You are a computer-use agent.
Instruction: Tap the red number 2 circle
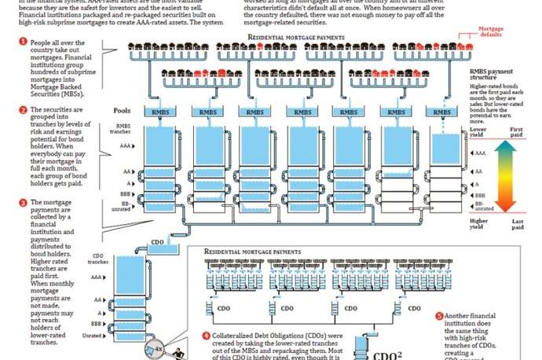[x=23, y=109]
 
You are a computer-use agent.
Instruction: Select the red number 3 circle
[x=23, y=202]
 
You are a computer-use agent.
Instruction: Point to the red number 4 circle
[x=207, y=335]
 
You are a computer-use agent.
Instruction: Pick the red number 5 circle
[x=438, y=316]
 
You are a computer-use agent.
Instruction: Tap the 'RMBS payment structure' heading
[x=487, y=75]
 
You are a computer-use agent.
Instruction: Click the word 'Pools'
[x=122, y=111]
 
